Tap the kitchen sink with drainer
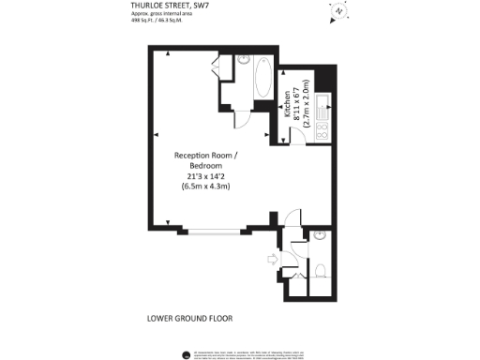pyautogui.click(x=322, y=106)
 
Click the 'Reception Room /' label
pyautogui.click(x=206, y=155)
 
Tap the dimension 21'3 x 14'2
pyautogui.click(x=206, y=175)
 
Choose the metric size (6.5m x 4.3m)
pyautogui.click(x=206, y=186)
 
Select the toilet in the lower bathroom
pyautogui.click(x=320, y=271)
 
